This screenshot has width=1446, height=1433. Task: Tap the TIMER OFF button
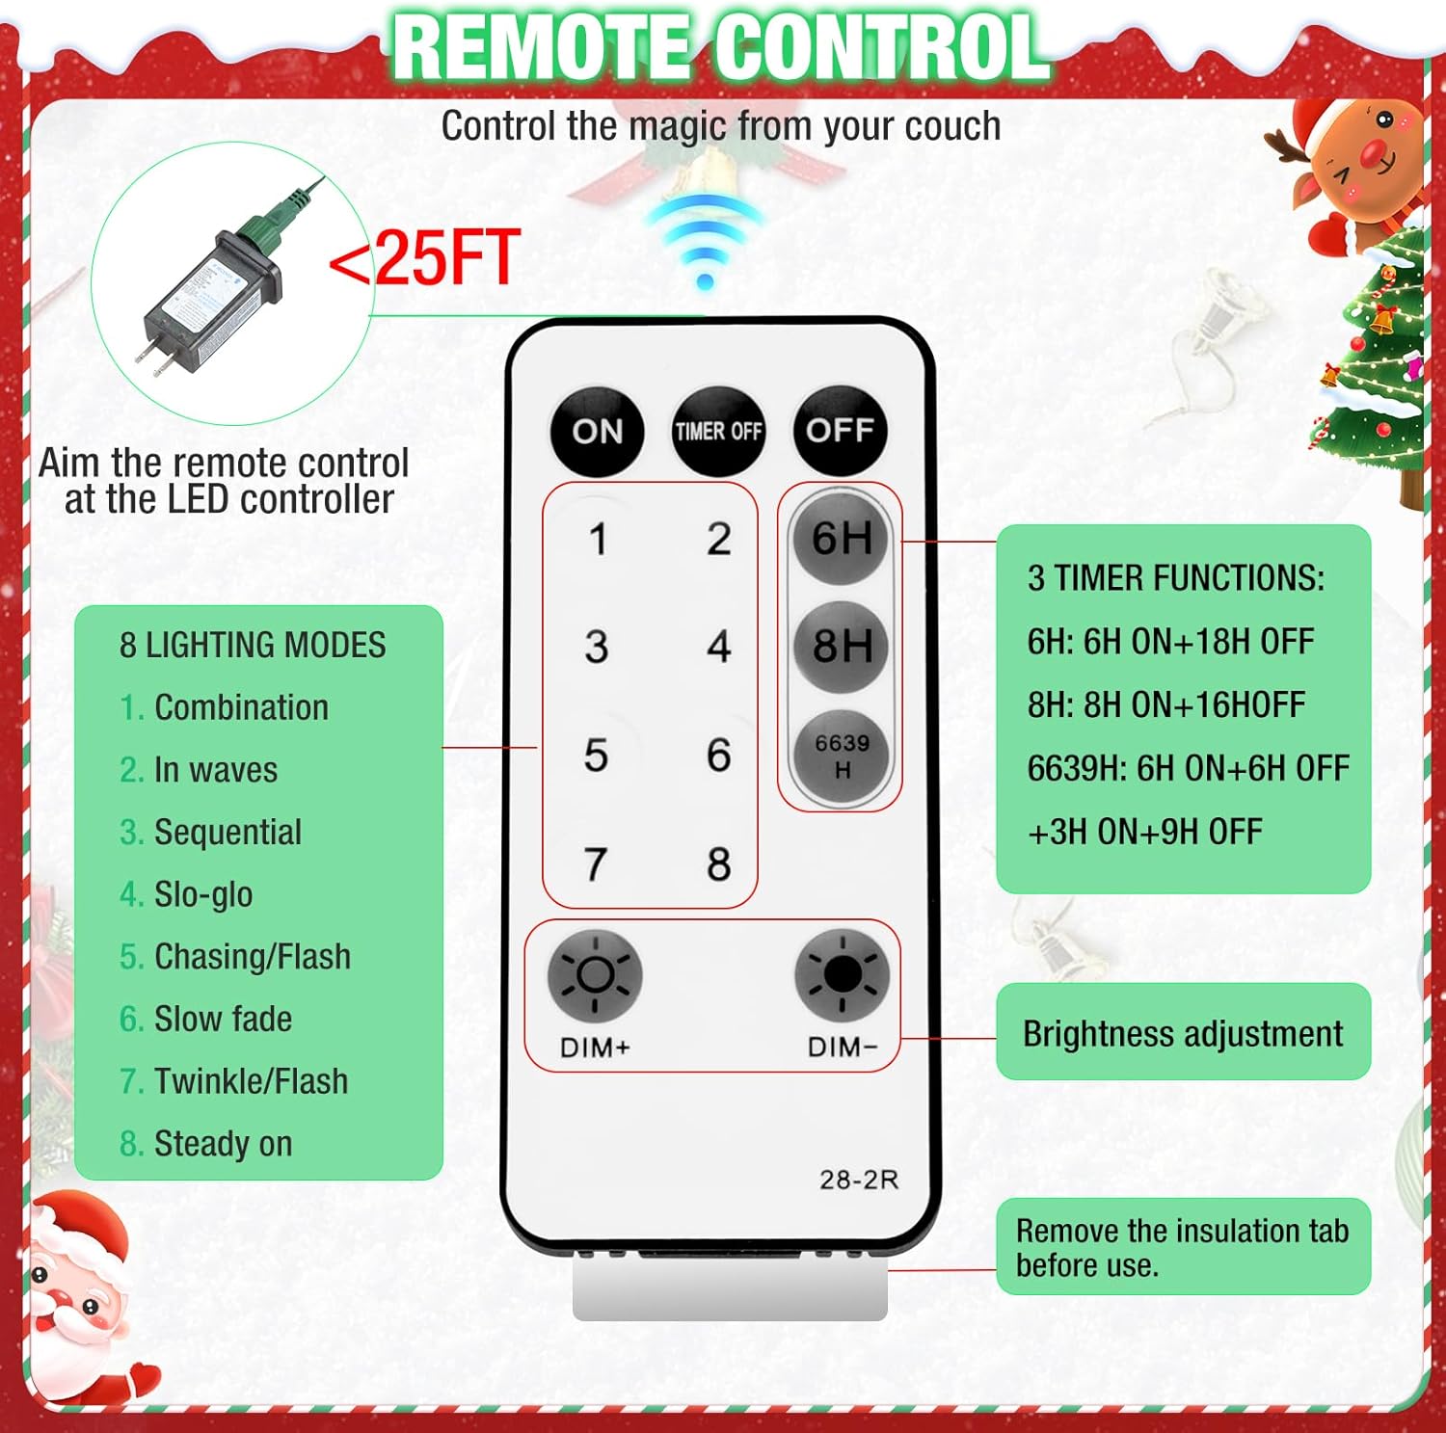(718, 431)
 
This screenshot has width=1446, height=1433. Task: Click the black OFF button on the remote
(840, 431)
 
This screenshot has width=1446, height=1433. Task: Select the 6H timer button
(841, 538)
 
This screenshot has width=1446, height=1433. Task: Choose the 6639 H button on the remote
(841, 756)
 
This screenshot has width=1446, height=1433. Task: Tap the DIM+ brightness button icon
(595, 976)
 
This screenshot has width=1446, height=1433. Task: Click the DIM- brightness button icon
(842, 976)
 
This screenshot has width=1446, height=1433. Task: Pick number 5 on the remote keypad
(596, 755)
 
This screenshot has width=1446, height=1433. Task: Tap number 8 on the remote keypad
(718, 863)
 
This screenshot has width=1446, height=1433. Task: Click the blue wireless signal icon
(705, 241)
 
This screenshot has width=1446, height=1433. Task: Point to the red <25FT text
(424, 257)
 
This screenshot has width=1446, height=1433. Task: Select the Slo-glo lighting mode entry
(186, 894)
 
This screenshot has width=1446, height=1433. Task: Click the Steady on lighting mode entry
(205, 1144)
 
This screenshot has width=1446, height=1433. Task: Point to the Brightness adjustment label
(1183, 1033)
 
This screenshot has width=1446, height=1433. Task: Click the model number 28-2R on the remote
(859, 1180)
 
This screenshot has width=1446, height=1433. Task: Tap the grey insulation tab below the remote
(730, 1287)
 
